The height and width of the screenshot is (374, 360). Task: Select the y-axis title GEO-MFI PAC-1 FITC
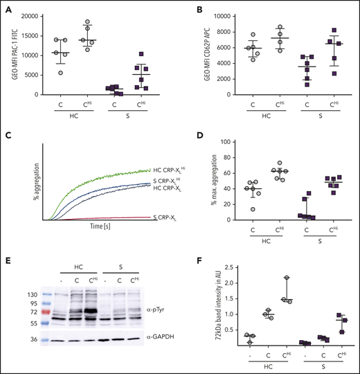pyautogui.click(x=8, y=55)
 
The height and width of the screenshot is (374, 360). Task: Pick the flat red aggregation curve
pyautogui.click(x=104, y=217)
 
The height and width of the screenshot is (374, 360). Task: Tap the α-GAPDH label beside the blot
pyautogui.click(x=163, y=339)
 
